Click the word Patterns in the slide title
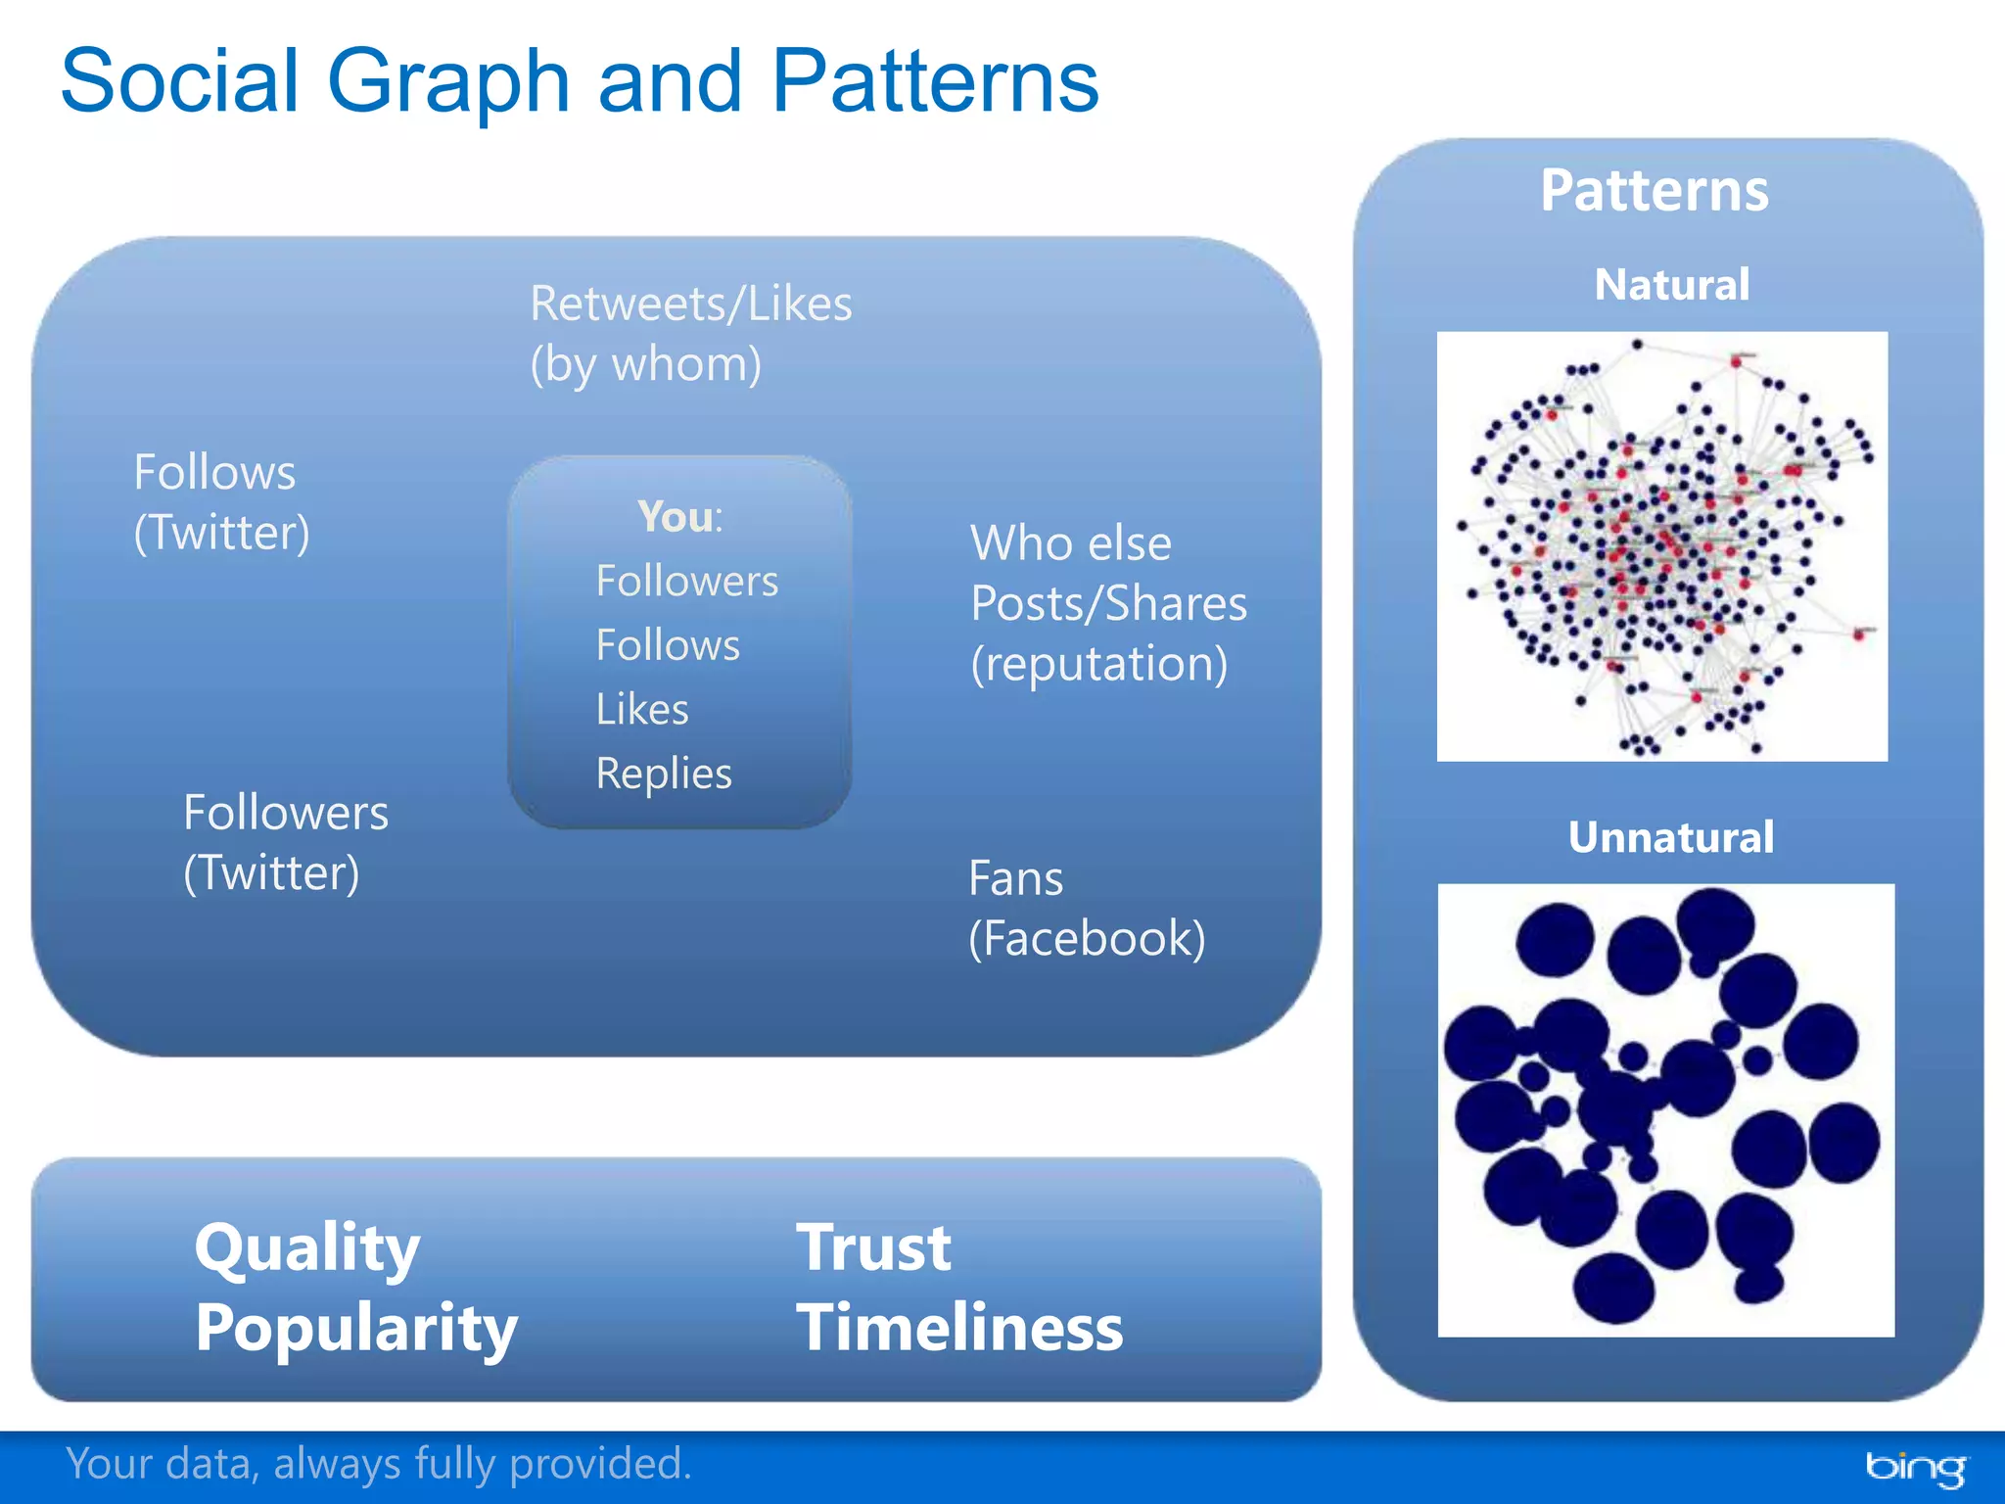(x=935, y=81)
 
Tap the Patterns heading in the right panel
(x=1654, y=190)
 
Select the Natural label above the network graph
(x=1671, y=285)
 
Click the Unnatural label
(x=1670, y=837)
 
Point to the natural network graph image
(x=1661, y=546)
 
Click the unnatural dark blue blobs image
(x=1665, y=1109)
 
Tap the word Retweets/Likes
(x=690, y=304)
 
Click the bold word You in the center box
(x=675, y=516)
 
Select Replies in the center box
(x=664, y=774)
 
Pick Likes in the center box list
(x=642, y=709)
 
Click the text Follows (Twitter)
(x=221, y=502)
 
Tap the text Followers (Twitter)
(x=285, y=842)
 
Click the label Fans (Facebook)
(x=1086, y=908)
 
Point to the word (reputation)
(x=1098, y=664)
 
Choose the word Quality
(x=307, y=1248)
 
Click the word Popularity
(x=356, y=1328)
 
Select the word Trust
(x=873, y=1248)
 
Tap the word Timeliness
(x=959, y=1328)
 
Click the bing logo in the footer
(x=1914, y=1467)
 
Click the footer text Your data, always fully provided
(x=379, y=1464)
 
